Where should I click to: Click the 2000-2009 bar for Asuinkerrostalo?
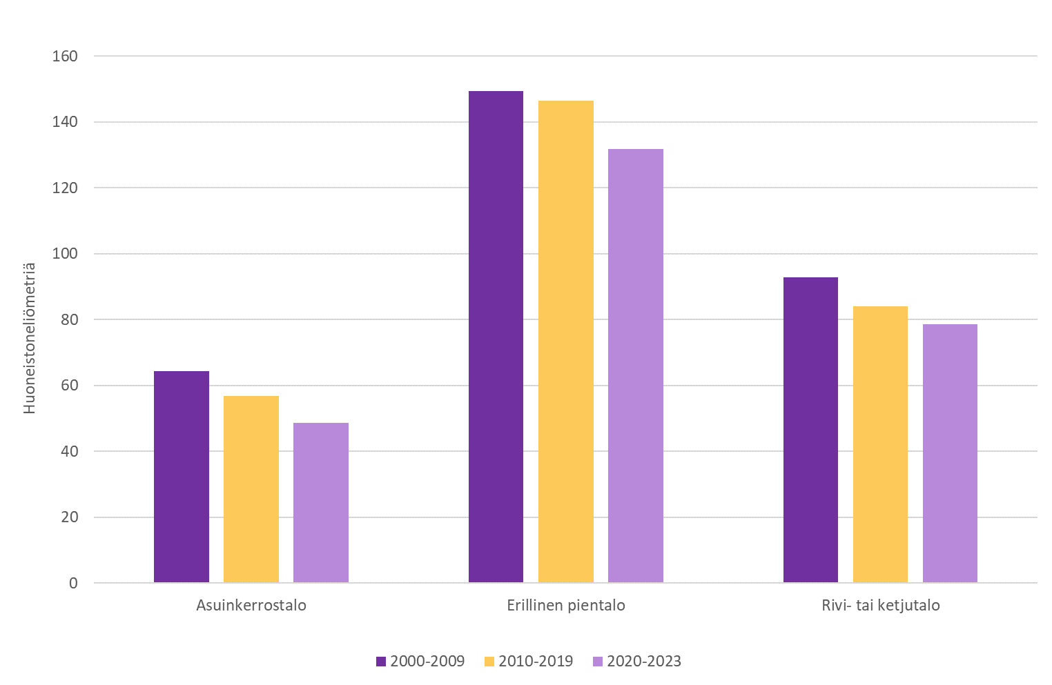coord(182,477)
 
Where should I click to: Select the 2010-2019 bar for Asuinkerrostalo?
coord(251,489)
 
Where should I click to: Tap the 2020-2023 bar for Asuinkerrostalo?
coord(321,503)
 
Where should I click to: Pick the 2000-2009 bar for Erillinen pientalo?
coord(496,337)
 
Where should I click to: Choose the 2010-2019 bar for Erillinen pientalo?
coord(566,341)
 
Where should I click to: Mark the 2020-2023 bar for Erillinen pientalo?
coord(636,366)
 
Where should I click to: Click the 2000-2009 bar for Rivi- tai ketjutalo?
coord(810,430)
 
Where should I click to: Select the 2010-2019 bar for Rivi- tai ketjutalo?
coord(880,444)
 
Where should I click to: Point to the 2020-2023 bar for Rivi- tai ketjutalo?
coord(950,453)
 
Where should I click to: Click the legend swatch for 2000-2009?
coord(381,662)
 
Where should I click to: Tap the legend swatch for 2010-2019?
coord(489,662)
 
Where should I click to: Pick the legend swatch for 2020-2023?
coord(598,662)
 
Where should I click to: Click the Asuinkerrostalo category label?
coord(251,606)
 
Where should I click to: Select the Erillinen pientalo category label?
coord(566,606)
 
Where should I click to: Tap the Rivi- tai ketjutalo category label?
coord(881,606)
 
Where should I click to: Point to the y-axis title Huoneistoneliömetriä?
coord(29,338)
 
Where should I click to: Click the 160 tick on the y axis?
coord(65,56)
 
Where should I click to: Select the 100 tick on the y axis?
coord(65,254)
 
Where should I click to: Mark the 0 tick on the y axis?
coord(73,583)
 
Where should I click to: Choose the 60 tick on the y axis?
coord(69,386)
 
